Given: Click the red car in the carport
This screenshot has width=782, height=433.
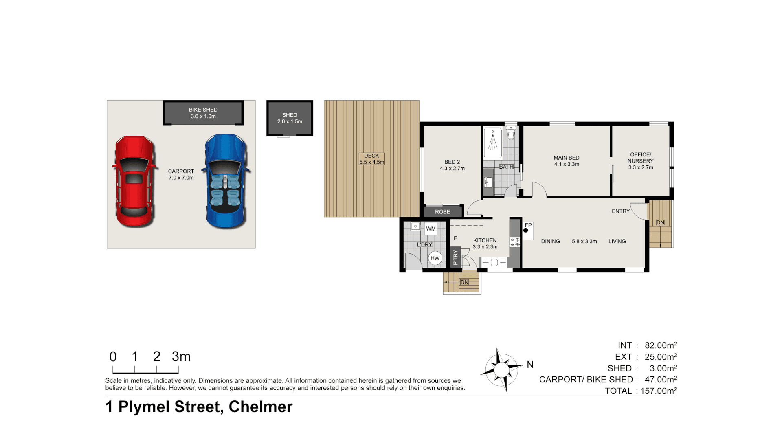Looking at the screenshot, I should coord(134,181).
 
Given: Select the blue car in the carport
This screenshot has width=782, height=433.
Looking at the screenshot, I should coord(226,181).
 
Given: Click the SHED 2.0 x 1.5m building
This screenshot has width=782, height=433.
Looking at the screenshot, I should coord(290,118).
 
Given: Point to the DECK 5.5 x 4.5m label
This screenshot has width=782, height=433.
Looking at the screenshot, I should coord(371,159).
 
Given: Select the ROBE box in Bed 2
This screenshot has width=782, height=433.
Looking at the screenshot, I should coord(442,212).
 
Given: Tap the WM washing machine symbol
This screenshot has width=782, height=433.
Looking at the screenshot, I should coord(431,229).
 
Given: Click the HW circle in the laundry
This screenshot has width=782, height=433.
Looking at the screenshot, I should coord(435,258).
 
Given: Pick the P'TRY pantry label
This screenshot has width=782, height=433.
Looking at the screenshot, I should coord(455,257).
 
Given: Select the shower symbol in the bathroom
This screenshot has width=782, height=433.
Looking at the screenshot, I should coord(493,142).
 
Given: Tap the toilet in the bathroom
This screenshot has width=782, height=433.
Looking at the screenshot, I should coord(511,134).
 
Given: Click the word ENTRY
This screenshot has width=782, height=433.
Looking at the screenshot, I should coord(620,211).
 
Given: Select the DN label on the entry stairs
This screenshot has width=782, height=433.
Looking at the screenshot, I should coord(660,222).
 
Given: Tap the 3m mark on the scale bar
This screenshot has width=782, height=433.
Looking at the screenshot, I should coord(181,357).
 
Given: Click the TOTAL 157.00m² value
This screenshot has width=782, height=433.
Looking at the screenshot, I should coord(658,391).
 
